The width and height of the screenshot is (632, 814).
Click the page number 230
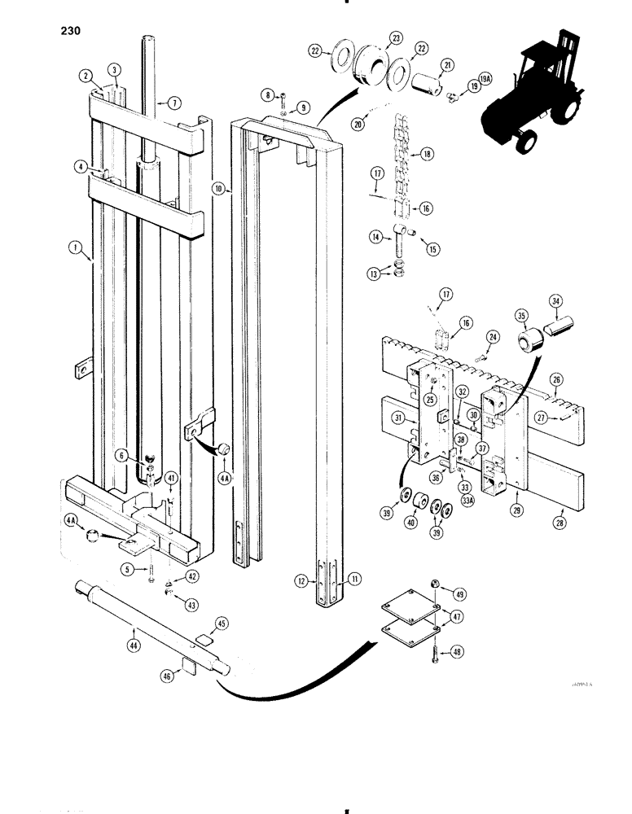pyautogui.click(x=69, y=33)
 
